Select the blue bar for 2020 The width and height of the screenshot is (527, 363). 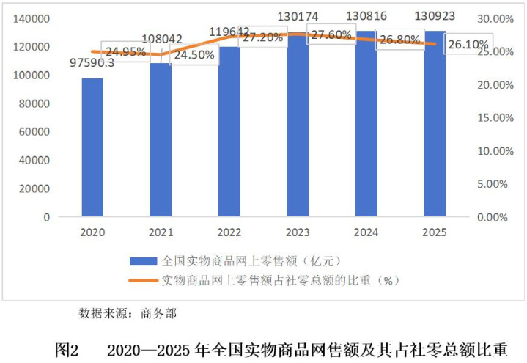pos(92,147)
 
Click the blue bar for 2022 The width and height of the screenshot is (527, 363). pos(229,132)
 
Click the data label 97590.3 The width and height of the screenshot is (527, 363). pos(92,64)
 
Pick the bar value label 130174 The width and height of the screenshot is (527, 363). pos(298,15)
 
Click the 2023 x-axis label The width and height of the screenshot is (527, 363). pos(298,232)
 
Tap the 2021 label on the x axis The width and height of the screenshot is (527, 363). pos(161,232)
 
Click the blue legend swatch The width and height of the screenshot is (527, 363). pos(143,261)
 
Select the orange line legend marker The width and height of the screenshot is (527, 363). pos(143,280)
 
